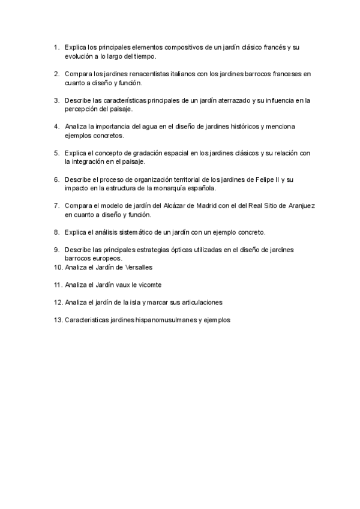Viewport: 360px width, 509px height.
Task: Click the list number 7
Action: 56,205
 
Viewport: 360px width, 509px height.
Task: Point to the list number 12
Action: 58,302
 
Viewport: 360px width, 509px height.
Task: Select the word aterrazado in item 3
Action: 226,100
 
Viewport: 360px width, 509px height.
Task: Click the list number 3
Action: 56,100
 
